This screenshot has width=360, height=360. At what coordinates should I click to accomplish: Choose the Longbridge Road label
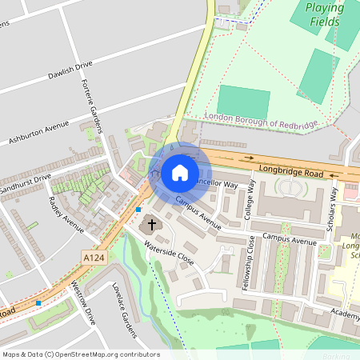291,172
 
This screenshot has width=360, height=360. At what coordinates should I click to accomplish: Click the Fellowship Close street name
252,264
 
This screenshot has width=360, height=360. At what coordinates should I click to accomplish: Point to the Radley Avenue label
65,214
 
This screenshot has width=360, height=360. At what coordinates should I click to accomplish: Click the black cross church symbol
152,226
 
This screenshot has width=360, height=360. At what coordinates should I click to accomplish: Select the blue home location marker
180,172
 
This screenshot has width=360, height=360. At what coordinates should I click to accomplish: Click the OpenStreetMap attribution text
80,354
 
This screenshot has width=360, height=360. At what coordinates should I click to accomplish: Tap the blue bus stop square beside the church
138,209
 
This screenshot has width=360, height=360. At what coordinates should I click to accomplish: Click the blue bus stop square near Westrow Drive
38,303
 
